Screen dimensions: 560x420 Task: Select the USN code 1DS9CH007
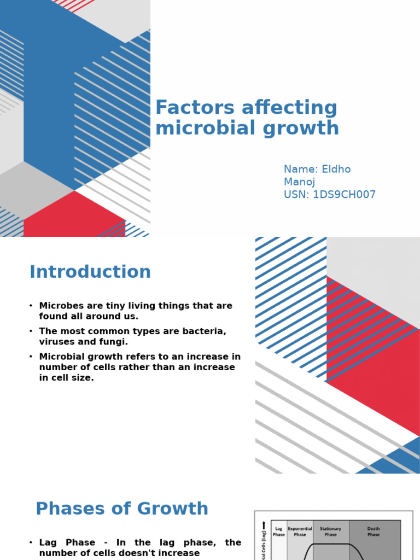coord(344,195)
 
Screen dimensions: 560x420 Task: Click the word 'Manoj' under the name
coord(299,182)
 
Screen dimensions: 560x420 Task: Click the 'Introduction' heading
coord(90,272)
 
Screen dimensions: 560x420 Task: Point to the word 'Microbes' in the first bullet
coord(61,306)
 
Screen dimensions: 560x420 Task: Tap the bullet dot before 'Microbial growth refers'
coord(31,357)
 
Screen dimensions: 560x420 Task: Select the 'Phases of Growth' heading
coord(122,509)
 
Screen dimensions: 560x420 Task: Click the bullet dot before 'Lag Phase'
coord(31,542)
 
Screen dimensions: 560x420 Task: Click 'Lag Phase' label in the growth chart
coord(279,532)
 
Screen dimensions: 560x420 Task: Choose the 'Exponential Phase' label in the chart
coord(300,532)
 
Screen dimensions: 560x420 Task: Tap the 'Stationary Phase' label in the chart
coord(330,532)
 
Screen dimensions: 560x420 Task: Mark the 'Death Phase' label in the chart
coord(374,532)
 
